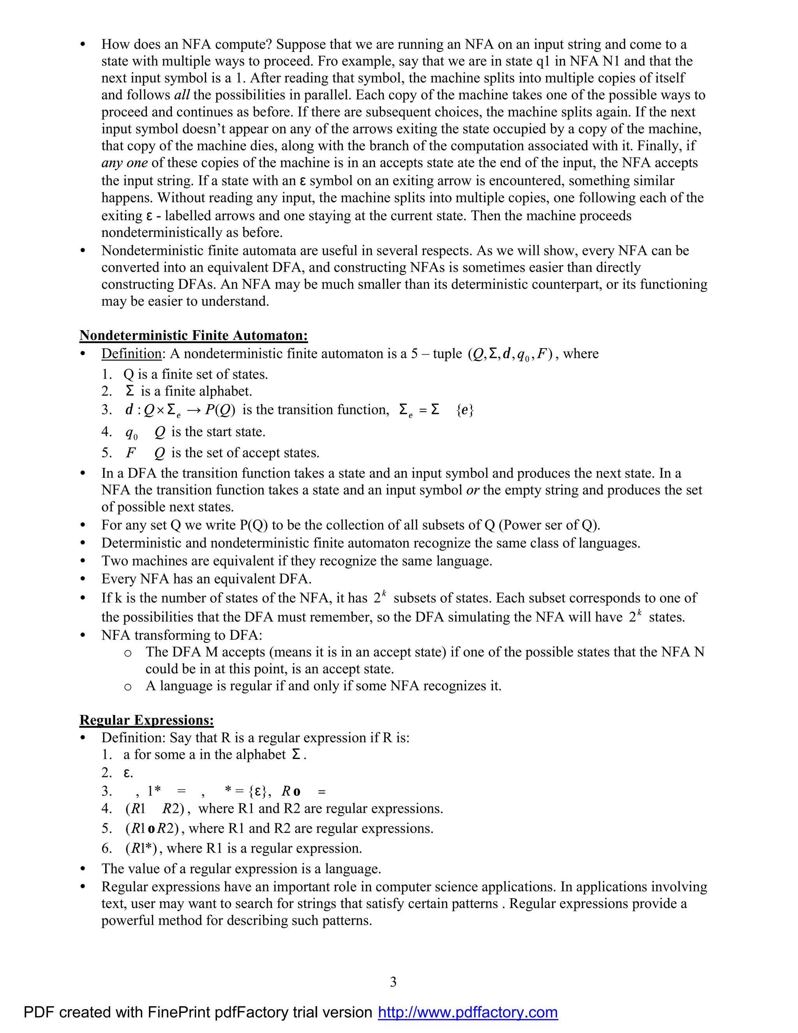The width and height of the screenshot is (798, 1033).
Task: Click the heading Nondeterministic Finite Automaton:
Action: point(193,335)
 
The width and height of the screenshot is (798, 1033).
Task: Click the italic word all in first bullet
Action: point(182,95)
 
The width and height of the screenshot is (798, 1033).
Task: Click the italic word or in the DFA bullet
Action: point(472,490)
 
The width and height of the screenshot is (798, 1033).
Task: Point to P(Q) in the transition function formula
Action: point(220,410)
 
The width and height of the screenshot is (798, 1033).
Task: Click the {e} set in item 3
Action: point(465,410)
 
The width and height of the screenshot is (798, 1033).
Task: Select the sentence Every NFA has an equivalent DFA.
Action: point(206,579)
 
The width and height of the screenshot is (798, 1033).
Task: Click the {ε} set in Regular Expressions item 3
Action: point(259,791)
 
